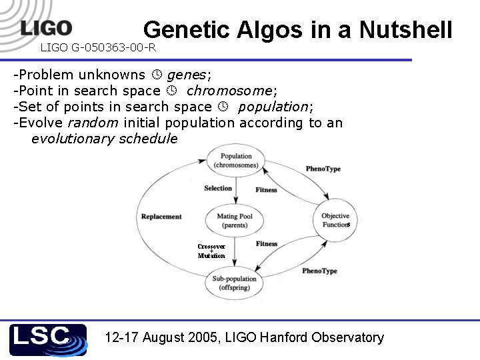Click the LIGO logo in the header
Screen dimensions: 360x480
pyautogui.click(x=46, y=27)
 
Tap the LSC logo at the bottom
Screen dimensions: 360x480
pyautogui.click(x=48, y=339)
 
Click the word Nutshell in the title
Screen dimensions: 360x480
pyautogui.click(x=405, y=30)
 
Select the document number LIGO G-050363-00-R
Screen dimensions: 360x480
pyautogui.click(x=98, y=47)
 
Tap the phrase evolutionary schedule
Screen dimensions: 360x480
pyautogui.click(x=104, y=139)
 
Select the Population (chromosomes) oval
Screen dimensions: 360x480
pyautogui.click(x=237, y=161)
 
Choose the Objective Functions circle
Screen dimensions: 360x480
pyautogui.click(x=335, y=220)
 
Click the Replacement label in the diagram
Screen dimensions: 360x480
pyautogui.click(x=161, y=217)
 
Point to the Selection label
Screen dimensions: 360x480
pyautogui.click(x=218, y=188)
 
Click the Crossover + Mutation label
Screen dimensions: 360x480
pyautogui.click(x=211, y=251)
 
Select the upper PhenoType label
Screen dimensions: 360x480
pyautogui.click(x=323, y=169)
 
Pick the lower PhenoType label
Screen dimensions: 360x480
pyautogui.click(x=319, y=271)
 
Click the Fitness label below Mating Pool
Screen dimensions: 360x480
pyautogui.click(x=267, y=244)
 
